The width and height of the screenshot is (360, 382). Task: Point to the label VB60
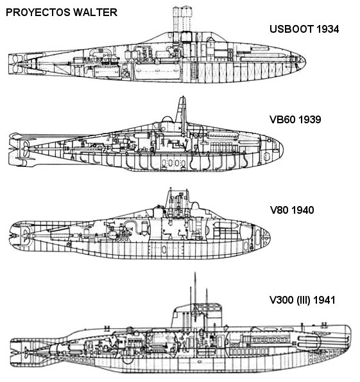[x=282, y=119]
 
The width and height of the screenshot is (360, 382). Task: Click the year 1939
[x=310, y=119]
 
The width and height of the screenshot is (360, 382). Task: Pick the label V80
[x=279, y=210]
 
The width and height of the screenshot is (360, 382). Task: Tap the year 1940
[x=303, y=210]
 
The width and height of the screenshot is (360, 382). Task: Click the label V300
[x=282, y=300]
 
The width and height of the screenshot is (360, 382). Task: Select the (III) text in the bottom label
[x=303, y=300]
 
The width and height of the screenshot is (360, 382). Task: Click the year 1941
[x=324, y=300]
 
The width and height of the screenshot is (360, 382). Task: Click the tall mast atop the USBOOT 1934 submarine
[x=182, y=19]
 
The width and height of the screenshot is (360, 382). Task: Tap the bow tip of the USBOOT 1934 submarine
[x=305, y=61]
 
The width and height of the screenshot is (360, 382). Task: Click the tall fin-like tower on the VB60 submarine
[x=182, y=113]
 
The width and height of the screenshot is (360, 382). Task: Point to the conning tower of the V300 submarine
[x=197, y=317]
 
